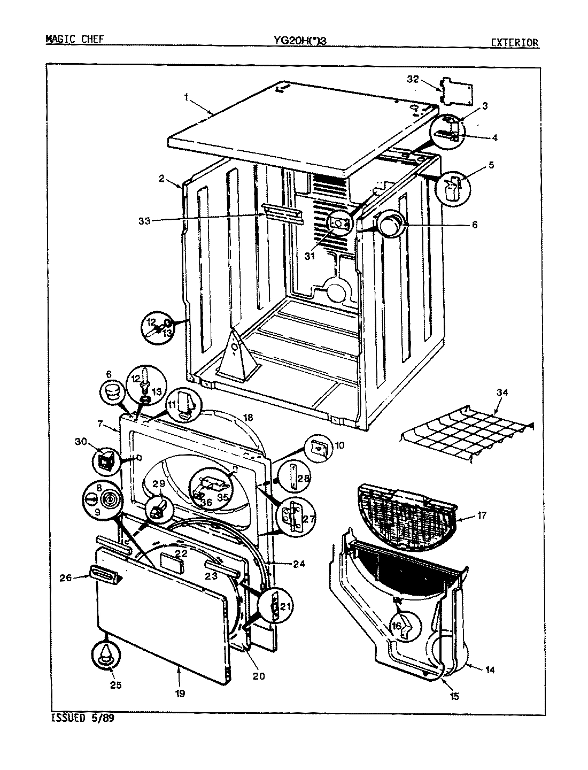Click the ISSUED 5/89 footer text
pyautogui.click(x=82, y=718)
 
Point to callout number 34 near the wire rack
pyautogui.click(x=502, y=392)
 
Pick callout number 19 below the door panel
pyautogui.click(x=180, y=694)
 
